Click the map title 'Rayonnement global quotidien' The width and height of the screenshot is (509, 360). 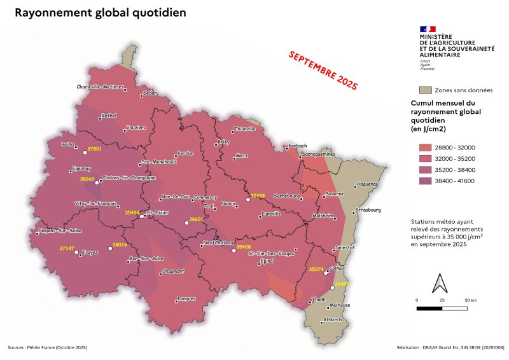(x=101, y=13)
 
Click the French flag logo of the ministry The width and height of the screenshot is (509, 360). (x=428, y=29)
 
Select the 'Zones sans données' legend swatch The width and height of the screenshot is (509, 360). (x=426, y=90)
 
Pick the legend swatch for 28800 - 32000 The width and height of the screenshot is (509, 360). (x=426, y=148)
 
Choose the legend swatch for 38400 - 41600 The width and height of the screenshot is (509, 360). (x=426, y=181)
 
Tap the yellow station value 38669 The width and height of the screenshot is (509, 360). (x=87, y=179)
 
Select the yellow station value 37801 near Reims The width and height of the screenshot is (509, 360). (x=94, y=148)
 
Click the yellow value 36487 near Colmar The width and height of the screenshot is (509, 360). (x=342, y=283)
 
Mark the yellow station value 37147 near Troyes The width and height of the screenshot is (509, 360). (x=67, y=247)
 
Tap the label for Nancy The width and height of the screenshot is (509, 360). (x=228, y=204)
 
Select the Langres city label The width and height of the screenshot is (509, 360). (x=186, y=298)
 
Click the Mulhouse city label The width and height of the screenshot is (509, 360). (x=340, y=305)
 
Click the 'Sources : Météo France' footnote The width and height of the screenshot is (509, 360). (x=47, y=348)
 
